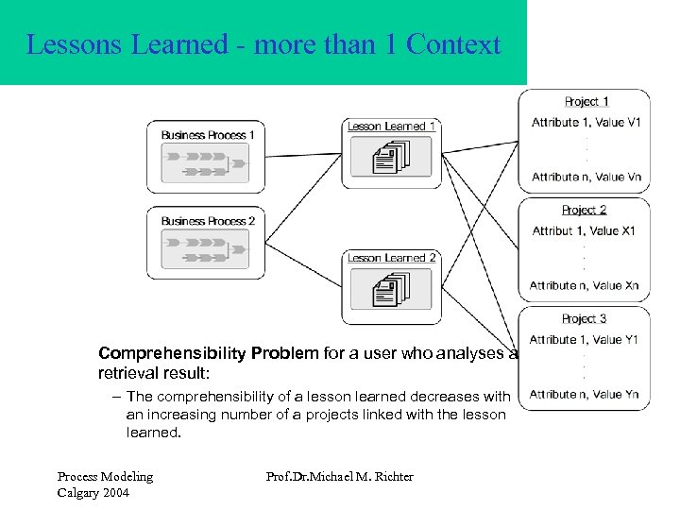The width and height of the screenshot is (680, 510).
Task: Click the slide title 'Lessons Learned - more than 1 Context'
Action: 263,44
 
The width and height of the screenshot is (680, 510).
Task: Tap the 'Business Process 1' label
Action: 209,134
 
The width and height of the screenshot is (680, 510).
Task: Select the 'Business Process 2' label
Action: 209,221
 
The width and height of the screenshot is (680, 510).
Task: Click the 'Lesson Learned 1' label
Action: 392,127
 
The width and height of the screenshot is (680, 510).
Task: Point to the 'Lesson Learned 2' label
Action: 392,258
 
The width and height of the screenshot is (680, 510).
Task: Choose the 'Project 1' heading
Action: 586,102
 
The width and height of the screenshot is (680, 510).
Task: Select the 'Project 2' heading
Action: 584,210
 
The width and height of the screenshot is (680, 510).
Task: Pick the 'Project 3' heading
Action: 584,318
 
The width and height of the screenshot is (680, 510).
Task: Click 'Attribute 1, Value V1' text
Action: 586,123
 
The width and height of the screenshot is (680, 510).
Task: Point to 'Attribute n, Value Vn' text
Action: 586,177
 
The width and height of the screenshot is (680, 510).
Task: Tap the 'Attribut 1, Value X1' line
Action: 584,231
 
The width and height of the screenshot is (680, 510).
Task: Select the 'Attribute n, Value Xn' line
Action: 584,285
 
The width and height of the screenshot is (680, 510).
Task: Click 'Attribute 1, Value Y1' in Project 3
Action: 584,340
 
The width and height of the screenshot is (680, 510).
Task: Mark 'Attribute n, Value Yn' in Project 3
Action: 584,394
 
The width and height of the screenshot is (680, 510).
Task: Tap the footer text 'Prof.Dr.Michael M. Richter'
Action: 340,476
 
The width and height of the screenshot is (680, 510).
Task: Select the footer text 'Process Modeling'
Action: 105,476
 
